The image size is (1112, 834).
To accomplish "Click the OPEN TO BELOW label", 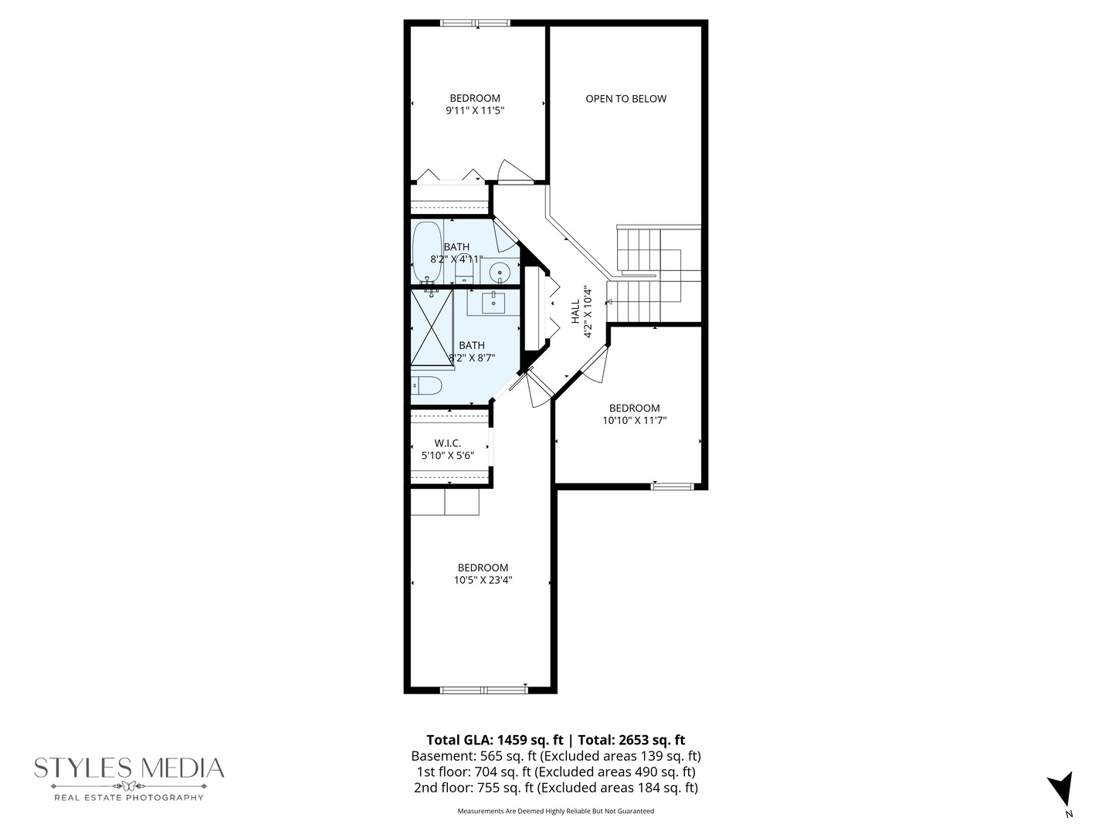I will pos(625,99).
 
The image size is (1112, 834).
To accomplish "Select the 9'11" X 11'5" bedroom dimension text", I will pos(475,110).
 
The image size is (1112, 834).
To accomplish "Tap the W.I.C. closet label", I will pos(447,443).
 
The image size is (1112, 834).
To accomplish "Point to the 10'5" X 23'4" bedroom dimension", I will pos(483,580).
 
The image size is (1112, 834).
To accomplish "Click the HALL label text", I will pos(575,312).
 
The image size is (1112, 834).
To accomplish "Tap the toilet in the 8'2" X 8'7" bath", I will pos(425,385).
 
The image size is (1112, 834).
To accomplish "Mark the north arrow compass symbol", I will pos(1061,790).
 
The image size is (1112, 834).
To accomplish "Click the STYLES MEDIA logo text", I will pos(129,768).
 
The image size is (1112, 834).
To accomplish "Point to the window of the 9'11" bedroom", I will pos(475,23).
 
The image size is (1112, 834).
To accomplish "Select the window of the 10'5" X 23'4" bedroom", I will pos(483,690).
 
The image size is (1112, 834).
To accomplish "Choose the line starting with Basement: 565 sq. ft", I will pos(555,756).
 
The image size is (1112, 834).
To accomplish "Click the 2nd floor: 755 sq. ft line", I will pos(555,788).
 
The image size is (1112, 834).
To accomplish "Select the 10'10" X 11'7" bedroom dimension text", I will pos(634,421).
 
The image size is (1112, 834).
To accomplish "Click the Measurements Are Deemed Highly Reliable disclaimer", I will pos(555,811).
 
